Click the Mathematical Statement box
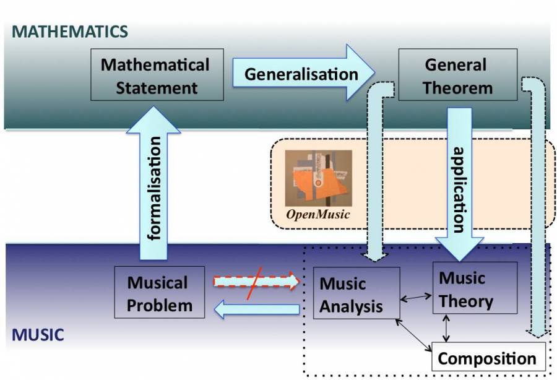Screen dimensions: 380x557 (x=156, y=76)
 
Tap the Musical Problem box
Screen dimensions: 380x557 (x=159, y=293)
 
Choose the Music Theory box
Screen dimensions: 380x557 (x=474, y=288)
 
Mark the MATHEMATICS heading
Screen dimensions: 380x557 (x=70, y=32)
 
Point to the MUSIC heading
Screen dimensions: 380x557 (x=38, y=336)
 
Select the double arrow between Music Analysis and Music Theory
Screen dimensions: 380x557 (x=416, y=298)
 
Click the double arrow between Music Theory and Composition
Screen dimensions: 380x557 (x=446, y=328)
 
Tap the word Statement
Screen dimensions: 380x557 (x=157, y=87)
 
